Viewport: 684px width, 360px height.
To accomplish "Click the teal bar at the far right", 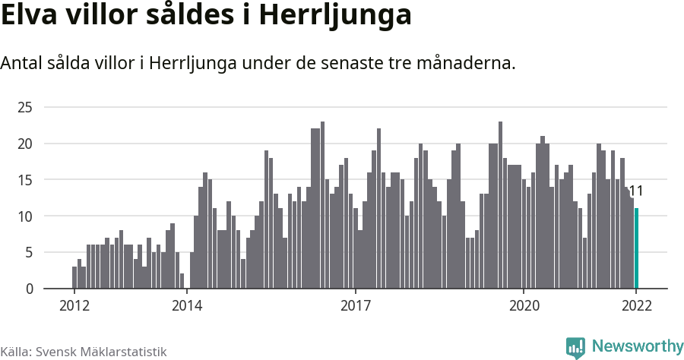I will (x=636, y=248).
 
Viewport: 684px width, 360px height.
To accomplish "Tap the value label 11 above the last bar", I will (x=636, y=191).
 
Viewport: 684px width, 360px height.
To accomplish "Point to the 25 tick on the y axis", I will (x=25, y=107).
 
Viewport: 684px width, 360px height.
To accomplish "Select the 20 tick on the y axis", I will (x=25, y=144).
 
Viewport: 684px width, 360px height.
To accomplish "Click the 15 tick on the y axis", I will (x=25, y=180).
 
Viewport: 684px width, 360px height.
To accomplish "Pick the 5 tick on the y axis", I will (x=29, y=252).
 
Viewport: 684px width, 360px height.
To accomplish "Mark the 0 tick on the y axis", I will (x=29, y=289).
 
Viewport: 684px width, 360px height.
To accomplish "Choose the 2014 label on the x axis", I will (x=186, y=306).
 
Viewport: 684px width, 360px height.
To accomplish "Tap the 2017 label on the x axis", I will (x=355, y=306).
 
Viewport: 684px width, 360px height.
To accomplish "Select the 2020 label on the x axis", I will (x=524, y=306).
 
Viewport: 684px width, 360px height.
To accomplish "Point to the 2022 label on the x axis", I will (x=636, y=306).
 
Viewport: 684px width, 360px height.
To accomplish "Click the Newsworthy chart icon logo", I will (x=575, y=348).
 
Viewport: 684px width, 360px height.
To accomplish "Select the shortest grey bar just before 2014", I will (x=182, y=281).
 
